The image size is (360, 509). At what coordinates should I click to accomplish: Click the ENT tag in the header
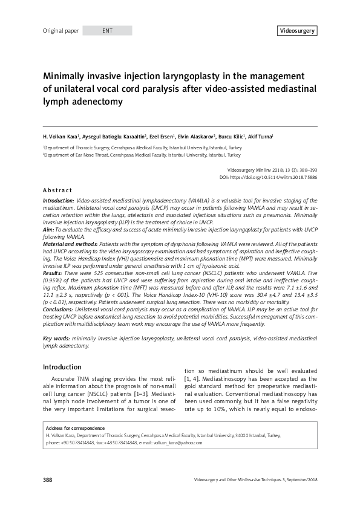pos(107,30)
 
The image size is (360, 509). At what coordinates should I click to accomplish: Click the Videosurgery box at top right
pos(297,30)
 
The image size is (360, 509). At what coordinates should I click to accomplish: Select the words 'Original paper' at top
pos(61,30)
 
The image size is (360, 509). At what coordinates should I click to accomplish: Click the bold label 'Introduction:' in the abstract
pos(59,200)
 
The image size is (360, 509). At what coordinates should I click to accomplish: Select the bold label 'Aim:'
pos(48,230)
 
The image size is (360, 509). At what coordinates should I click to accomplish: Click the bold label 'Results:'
pos(53,274)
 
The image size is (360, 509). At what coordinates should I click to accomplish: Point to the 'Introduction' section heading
pos(62,367)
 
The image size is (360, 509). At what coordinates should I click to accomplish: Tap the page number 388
pos(48,480)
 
